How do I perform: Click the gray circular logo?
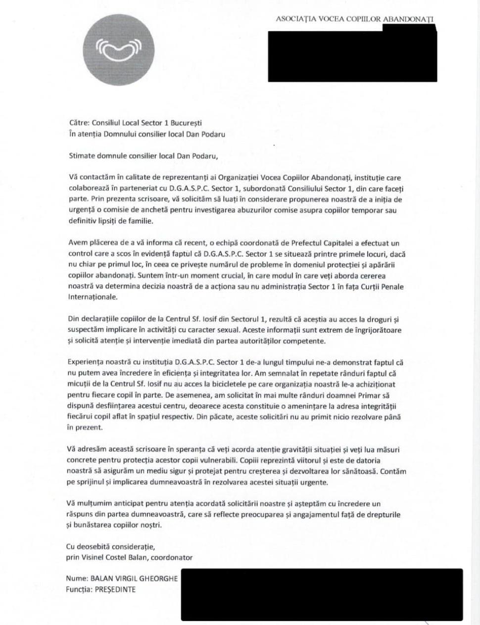coord(118,49)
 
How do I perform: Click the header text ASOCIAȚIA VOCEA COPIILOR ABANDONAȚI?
coord(355,19)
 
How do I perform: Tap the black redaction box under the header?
coord(352,56)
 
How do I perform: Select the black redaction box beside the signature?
coord(322,594)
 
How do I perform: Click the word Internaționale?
coord(93,297)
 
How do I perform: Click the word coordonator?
coord(171,558)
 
